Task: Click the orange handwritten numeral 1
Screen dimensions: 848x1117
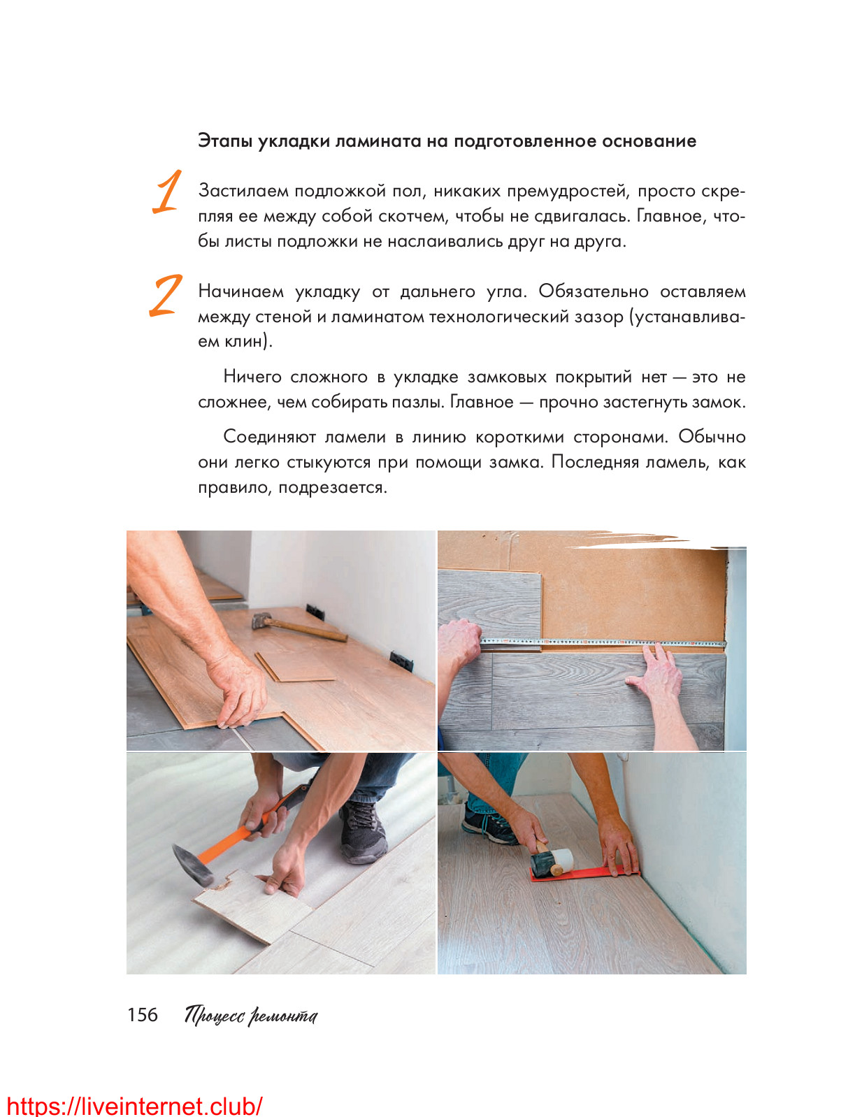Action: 167,192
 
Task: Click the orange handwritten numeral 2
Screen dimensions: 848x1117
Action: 166,296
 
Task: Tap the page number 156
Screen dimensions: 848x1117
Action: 143,1015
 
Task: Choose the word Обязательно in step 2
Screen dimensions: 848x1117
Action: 593,291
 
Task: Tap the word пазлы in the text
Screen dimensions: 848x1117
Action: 413,403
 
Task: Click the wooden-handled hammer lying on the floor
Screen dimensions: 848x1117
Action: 299,627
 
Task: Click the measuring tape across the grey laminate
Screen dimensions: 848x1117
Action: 602,643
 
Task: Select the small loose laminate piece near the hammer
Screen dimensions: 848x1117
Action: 295,667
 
